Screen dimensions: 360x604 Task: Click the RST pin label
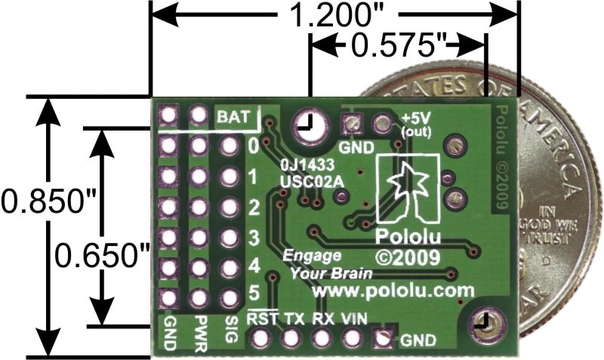260,318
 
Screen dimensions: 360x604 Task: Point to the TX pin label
292,318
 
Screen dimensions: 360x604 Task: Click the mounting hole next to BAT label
306,124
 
